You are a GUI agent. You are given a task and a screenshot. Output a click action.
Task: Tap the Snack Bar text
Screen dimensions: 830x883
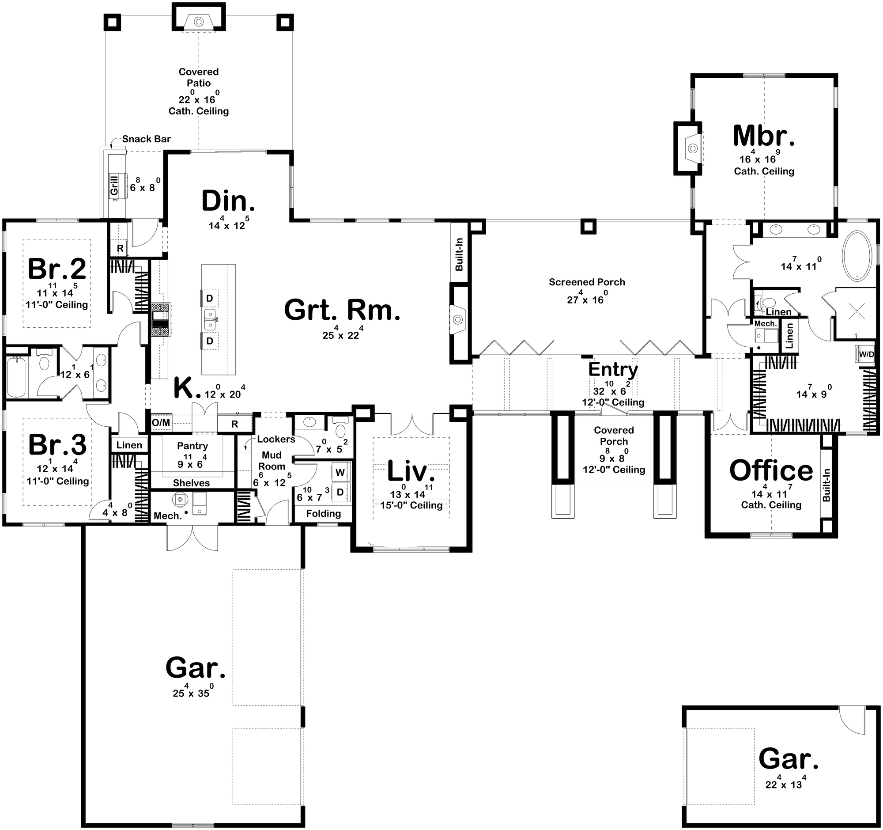tap(147, 139)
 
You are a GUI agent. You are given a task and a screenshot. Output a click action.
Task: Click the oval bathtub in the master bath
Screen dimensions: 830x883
tap(857, 257)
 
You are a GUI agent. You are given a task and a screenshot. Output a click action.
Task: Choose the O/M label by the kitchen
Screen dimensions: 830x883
tap(161, 423)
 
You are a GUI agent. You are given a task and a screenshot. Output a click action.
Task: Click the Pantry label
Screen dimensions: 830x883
tap(192, 446)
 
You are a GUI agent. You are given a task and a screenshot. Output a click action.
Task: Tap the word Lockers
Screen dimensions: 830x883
tap(276, 440)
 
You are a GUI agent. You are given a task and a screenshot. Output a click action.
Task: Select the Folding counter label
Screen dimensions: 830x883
tap(323, 514)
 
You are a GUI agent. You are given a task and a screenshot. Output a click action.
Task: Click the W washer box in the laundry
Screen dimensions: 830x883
tap(340, 472)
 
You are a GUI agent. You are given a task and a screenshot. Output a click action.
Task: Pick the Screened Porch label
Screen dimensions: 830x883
tap(587, 282)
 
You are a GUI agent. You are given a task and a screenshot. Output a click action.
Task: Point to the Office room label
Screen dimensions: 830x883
tap(771, 470)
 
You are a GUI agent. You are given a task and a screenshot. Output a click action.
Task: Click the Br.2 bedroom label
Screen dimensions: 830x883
tap(57, 269)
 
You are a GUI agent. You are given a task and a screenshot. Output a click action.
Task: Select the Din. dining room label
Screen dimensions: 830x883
tap(228, 201)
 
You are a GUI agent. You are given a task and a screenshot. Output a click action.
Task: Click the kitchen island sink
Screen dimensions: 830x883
tap(210, 316)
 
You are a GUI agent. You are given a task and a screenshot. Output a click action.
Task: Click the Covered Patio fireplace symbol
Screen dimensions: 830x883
tap(199, 21)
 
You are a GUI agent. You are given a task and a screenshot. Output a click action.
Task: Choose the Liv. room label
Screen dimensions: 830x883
tap(411, 472)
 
